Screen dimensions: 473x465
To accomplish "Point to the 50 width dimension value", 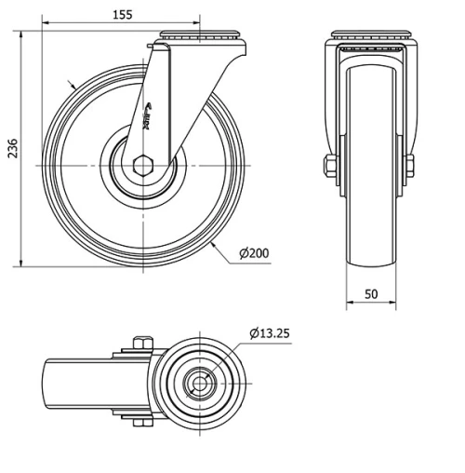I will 371,294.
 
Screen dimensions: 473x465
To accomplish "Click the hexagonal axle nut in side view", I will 144,167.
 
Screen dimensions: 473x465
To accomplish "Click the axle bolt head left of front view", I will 329,167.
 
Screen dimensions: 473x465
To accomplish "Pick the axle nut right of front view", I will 410,167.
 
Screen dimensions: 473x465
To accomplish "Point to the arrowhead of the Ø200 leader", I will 215,243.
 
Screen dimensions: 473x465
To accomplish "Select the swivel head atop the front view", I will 370,39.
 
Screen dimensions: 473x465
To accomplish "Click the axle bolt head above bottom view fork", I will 141,341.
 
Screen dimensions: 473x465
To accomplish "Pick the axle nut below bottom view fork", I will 141,424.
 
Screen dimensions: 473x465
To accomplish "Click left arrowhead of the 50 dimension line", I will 350,304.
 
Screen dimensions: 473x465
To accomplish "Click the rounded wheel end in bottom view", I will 51,382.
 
